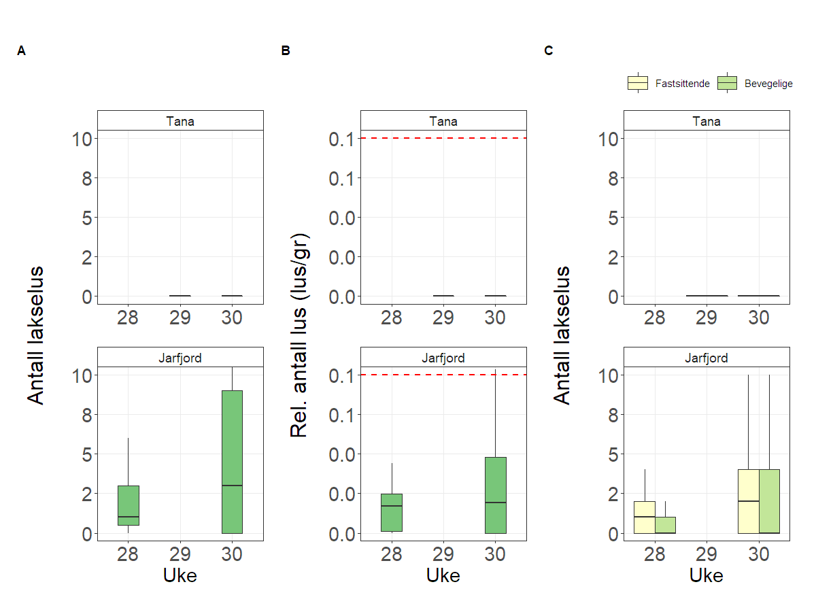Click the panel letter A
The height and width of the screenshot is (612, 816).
[22, 51]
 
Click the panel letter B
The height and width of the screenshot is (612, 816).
[286, 51]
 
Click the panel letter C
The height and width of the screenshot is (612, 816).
[549, 51]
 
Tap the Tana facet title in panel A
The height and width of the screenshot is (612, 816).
[180, 121]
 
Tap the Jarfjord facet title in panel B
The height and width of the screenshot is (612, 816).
[443, 358]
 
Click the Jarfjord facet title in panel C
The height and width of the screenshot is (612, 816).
[707, 358]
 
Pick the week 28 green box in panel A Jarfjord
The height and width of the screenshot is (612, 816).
[128, 505]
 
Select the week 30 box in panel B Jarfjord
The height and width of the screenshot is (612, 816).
[495, 494]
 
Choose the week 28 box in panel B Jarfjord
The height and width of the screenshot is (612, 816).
[391, 512]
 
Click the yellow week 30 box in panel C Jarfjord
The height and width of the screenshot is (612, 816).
[748, 500]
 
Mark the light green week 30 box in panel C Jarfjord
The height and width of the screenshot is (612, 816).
[769, 500]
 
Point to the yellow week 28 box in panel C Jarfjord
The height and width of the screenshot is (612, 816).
[644, 517]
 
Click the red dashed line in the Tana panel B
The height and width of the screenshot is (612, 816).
[443, 138]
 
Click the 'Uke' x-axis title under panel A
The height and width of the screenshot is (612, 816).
[180, 575]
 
